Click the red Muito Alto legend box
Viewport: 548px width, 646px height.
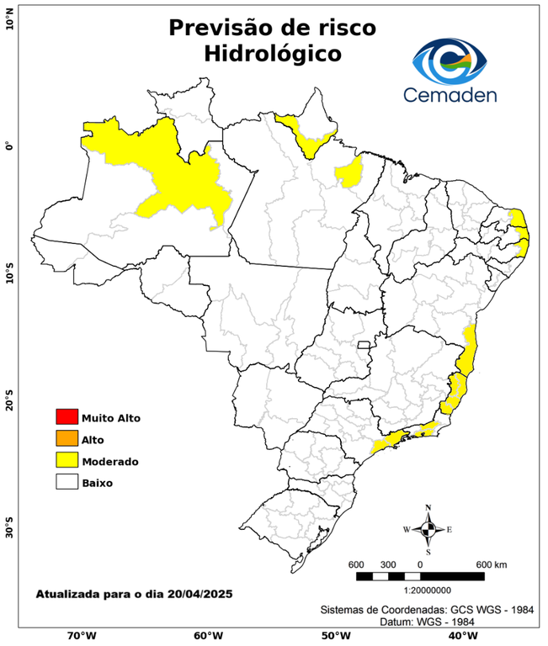point(66,416)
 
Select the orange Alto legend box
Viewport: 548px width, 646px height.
point(66,438)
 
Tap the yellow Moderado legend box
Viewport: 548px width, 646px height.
point(66,460)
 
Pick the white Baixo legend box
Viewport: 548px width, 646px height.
point(66,482)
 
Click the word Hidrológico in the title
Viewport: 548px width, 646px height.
point(272,53)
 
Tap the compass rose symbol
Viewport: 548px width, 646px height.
point(428,529)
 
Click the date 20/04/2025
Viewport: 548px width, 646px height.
point(200,594)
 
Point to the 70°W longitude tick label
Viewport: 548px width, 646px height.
point(81,635)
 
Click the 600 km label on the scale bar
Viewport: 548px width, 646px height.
point(491,564)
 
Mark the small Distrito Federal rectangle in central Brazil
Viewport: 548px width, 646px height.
point(364,344)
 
